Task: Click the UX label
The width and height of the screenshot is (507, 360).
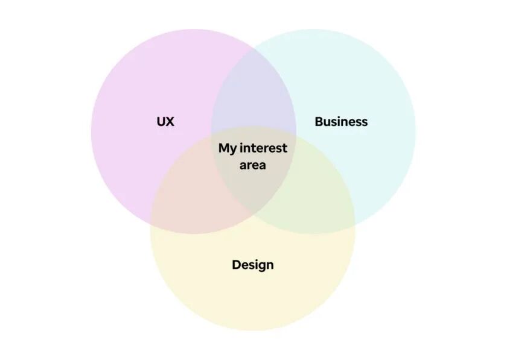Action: pyautogui.click(x=165, y=121)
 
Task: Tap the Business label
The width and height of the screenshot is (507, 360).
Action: pyautogui.click(x=341, y=121)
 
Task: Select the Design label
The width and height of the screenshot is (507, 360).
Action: pyautogui.click(x=253, y=265)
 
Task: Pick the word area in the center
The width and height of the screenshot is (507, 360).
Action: pyautogui.click(x=253, y=165)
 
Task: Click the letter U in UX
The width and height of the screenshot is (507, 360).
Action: pyautogui.click(x=161, y=121)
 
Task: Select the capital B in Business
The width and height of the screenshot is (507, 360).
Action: pyautogui.click(x=319, y=121)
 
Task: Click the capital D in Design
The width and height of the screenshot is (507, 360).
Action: pyautogui.click(x=236, y=264)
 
